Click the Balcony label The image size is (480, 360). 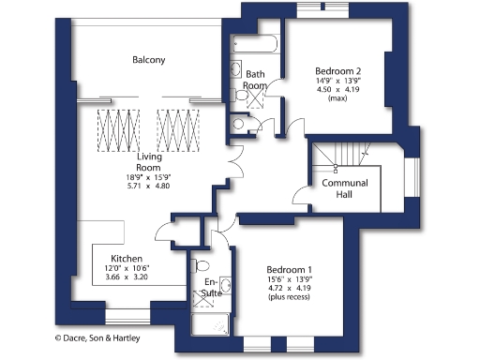tap(148, 60)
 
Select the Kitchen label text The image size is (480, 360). tap(127, 258)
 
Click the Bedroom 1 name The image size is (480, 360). tap(289, 269)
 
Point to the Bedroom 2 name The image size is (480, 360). tap(337, 71)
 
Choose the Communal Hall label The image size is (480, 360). tap(344, 188)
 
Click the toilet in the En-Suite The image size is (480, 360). tap(200, 265)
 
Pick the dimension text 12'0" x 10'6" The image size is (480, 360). tap(126, 268)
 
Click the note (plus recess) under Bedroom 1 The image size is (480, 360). tap(289, 297)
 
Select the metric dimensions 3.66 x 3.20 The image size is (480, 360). tap(126, 277)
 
